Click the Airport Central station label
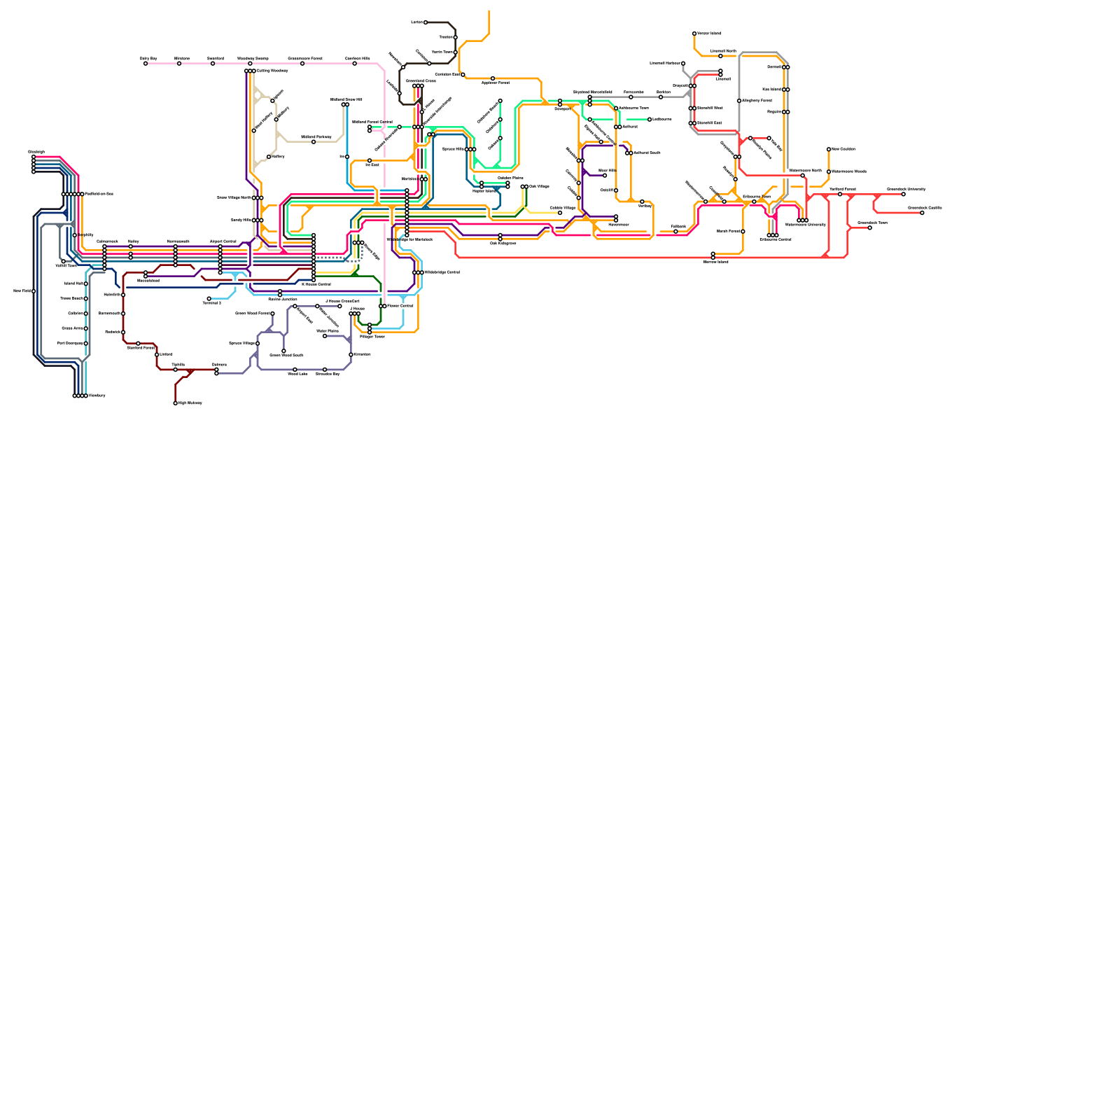223,241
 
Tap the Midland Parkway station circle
313,142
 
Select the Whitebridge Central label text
442,272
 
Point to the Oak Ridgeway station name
503,244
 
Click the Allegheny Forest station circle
739,101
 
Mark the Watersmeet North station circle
802,176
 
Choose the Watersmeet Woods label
849,171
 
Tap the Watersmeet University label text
805,225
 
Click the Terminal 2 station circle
209,299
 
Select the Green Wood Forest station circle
272,314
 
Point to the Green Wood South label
286,356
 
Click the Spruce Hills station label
453,149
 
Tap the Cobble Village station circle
559,213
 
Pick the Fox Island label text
771,90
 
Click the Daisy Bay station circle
146,64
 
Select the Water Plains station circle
325,336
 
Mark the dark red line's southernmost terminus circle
175,403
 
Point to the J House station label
357,308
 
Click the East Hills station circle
605,176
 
